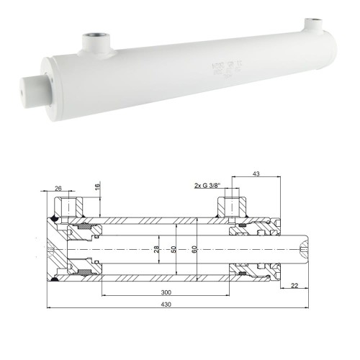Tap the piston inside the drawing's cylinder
[x=85, y=249]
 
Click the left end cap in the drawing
[x=54, y=249]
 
